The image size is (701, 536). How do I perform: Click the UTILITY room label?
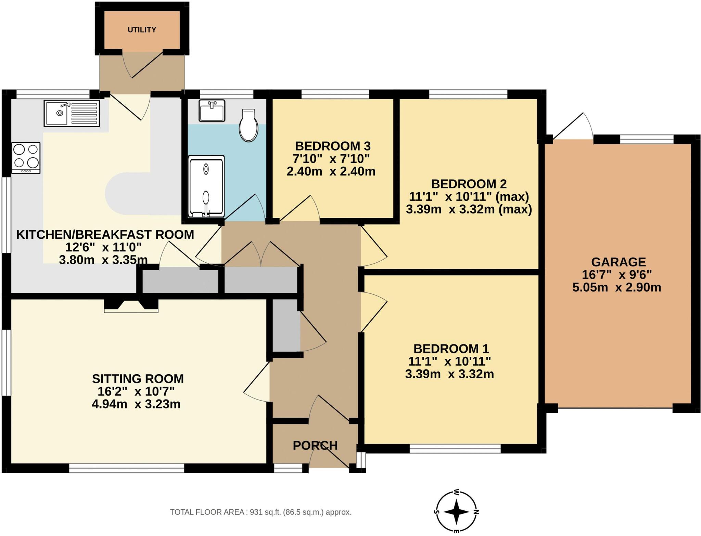pos(142,30)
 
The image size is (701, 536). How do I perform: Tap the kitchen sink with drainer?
pos(72,113)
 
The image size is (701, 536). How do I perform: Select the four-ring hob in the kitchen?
pos(26,158)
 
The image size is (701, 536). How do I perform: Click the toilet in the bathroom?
pos(248,126)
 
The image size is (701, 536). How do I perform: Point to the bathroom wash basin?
pos(212,110)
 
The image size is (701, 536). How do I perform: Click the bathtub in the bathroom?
pos(206,187)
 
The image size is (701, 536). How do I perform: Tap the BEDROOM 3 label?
pos(332,146)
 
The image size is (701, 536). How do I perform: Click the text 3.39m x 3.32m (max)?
pos(469,209)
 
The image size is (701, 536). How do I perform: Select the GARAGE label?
pos(618,262)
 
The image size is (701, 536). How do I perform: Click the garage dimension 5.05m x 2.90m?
pos(616,287)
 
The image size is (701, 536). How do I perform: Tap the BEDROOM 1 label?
pos(451,349)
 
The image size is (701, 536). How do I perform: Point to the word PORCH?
pos(315,445)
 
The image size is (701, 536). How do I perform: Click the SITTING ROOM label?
pos(138,379)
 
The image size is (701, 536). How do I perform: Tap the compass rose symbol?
pos(457,512)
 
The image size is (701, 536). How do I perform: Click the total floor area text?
pos(260,512)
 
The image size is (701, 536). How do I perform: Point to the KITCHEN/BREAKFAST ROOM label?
pos(105,235)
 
